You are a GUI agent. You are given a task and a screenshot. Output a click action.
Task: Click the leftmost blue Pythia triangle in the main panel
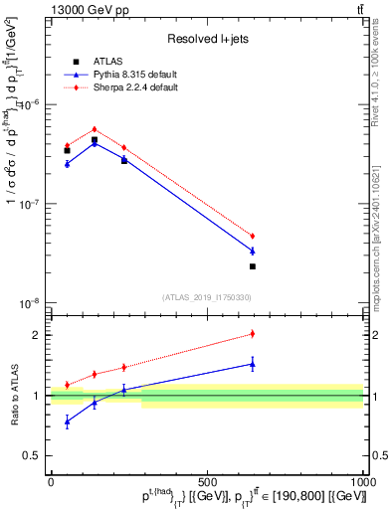coord(67,163)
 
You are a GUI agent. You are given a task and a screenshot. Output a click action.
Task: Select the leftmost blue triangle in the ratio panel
coord(67,422)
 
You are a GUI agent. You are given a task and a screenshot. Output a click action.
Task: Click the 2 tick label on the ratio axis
coord(40,335)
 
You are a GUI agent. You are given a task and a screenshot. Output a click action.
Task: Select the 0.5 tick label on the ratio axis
coord(36,456)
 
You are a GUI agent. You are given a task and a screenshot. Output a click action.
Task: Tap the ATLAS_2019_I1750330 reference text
coord(206,297)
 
